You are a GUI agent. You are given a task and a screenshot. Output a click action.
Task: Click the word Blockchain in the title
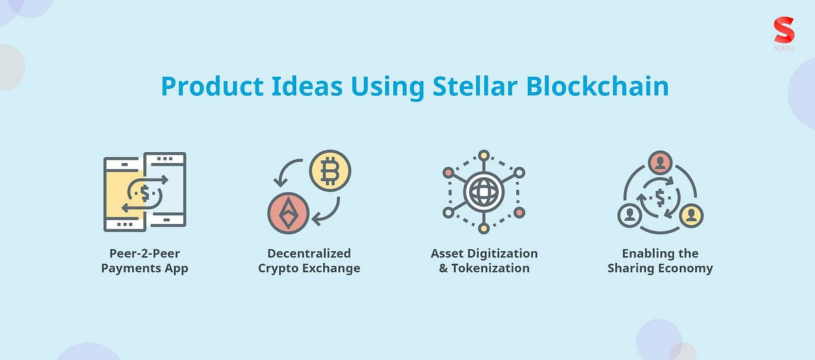(600, 88)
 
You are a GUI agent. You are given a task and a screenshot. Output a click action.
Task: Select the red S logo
(784, 30)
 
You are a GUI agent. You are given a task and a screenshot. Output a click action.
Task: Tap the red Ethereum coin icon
(289, 212)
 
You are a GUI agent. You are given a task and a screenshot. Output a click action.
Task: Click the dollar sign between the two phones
(145, 192)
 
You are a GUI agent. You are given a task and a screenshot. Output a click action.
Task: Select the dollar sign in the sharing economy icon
(659, 198)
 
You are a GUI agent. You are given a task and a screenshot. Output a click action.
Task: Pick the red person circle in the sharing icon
(659, 162)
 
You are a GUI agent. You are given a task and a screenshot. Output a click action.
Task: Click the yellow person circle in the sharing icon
(691, 215)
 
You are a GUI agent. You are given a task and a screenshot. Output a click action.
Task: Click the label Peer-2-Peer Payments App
(145, 261)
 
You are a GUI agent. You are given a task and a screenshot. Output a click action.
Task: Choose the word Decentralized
(309, 253)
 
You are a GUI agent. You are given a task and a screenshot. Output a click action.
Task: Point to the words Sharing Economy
(660, 268)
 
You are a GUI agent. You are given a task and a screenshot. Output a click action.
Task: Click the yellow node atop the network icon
(484, 155)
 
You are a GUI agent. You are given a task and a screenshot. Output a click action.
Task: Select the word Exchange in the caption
(333, 268)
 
